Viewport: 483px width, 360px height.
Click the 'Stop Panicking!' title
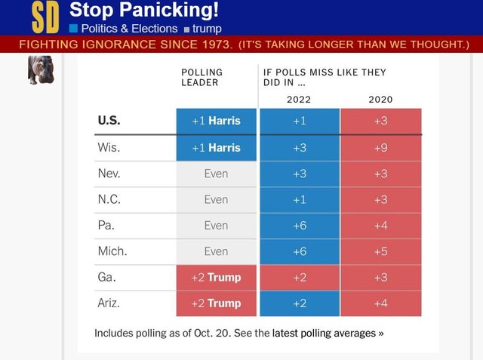pyautogui.click(x=143, y=10)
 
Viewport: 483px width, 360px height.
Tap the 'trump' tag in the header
pyautogui.click(x=207, y=28)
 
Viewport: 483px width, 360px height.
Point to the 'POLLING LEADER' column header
pyautogui.click(x=202, y=78)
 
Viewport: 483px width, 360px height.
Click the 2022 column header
pyautogui.click(x=299, y=99)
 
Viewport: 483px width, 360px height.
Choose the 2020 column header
pyautogui.click(x=380, y=99)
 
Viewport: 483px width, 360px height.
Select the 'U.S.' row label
pyautogui.click(x=109, y=121)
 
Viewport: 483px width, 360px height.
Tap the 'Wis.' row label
pyautogui.click(x=109, y=147)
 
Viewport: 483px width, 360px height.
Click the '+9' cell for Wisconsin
pyautogui.click(x=380, y=147)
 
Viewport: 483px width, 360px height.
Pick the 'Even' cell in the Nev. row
pyautogui.click(x=216, y=174)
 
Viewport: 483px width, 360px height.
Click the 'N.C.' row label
pyautogui.click(x=109, y=199)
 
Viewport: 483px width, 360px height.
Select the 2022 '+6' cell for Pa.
pyautogui.click(x=299, y=225)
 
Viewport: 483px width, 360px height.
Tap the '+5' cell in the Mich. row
pyautogui.click(x=380, y=251)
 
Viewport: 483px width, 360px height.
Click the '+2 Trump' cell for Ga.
pyautogui.click(x=216, y=277)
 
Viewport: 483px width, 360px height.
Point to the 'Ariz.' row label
pyautogui.click(x=110, y=303)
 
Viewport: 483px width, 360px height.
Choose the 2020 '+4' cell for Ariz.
pyautogui.click(x=380, y=303)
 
